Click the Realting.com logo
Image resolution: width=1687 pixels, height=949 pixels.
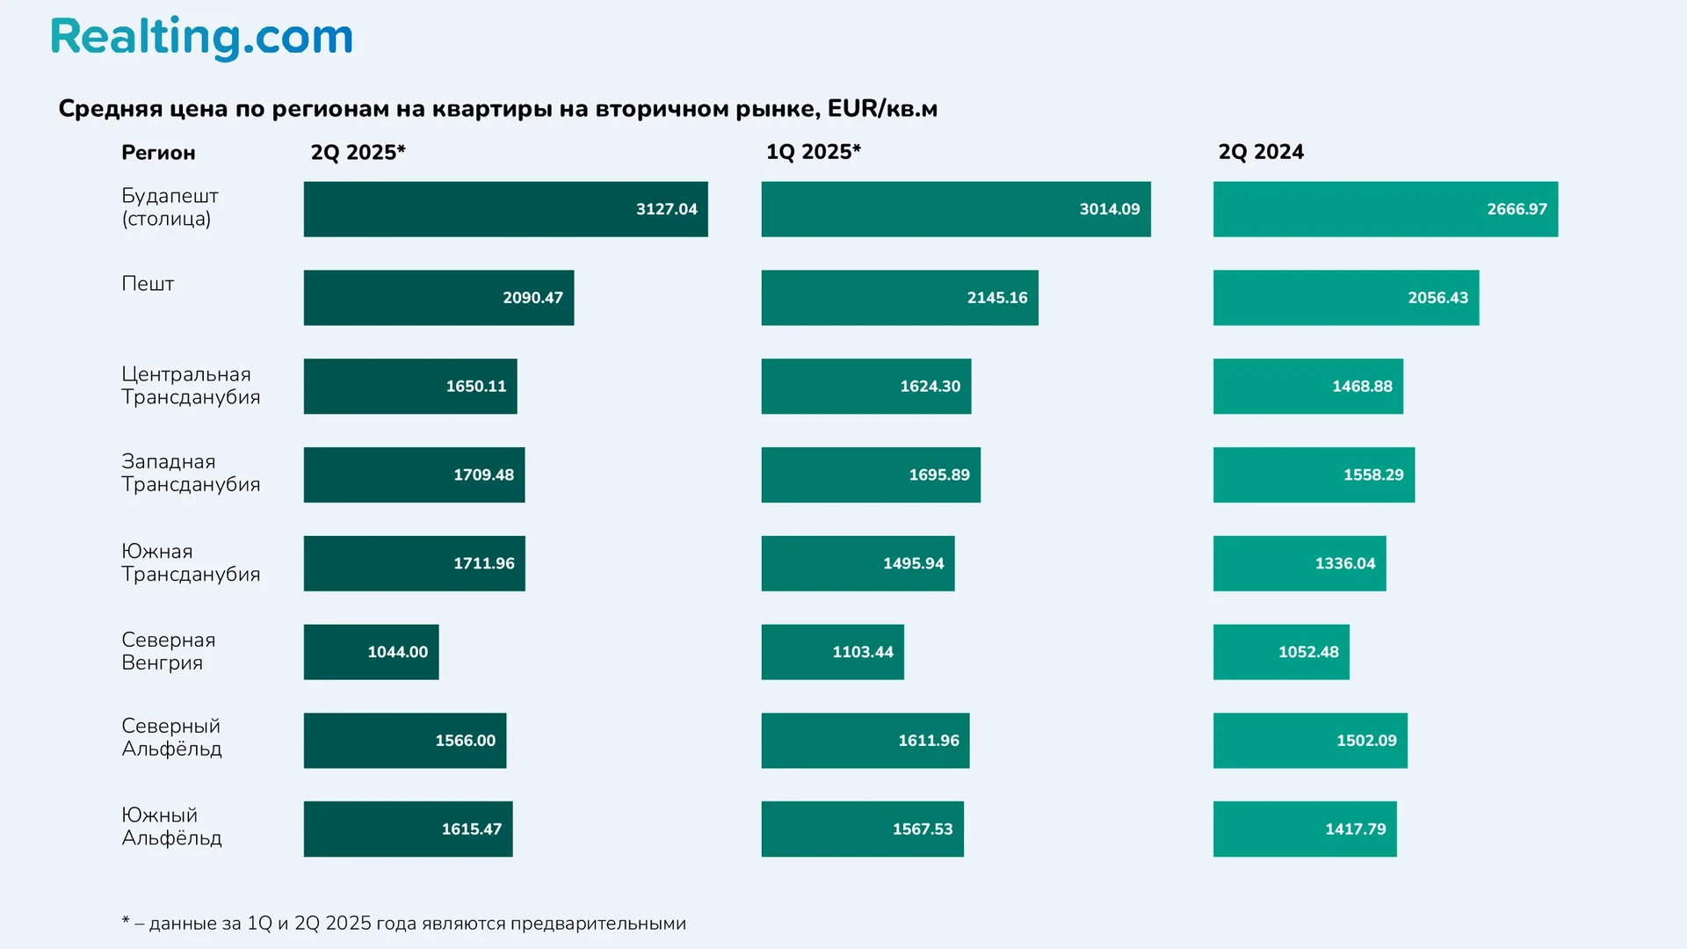[x=201, y=38]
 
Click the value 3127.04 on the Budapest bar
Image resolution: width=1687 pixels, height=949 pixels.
[x=666, y=209]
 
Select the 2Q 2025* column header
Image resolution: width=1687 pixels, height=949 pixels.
[x=358, y=152]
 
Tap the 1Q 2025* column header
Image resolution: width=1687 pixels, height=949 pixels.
[x=813, y=152]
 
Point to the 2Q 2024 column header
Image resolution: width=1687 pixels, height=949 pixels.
[x=1260, y=152]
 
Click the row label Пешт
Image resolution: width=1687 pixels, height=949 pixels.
[x=148, y=284]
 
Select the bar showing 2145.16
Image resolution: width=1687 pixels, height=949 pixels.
[x=899, y=298]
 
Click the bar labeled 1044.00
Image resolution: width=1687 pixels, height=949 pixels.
[x=371, y=652]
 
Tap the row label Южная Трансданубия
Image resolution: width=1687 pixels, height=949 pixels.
[x=191, y=562]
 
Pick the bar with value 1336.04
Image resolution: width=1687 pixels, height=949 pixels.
[x=1299, y=563]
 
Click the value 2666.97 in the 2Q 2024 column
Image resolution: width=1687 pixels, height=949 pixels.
[x=1517, y=209]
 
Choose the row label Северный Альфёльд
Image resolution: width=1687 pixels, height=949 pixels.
[x=171, y=737]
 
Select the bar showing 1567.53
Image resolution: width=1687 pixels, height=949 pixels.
[x=862, y=829]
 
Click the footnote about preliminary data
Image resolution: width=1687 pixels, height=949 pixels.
[x=404, y=924]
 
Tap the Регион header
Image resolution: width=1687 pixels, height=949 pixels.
[x=158, y=153]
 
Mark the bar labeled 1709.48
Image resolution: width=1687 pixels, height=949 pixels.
[x=414, y=474]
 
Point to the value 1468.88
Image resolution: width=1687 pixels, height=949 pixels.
[x=1362, y=387]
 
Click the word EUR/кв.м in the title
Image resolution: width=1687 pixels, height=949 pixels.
[x=882, y=109]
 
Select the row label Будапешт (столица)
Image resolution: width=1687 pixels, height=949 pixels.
[x=170, y=207]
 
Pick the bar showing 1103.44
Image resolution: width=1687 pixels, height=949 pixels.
[x=832, y=652]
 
